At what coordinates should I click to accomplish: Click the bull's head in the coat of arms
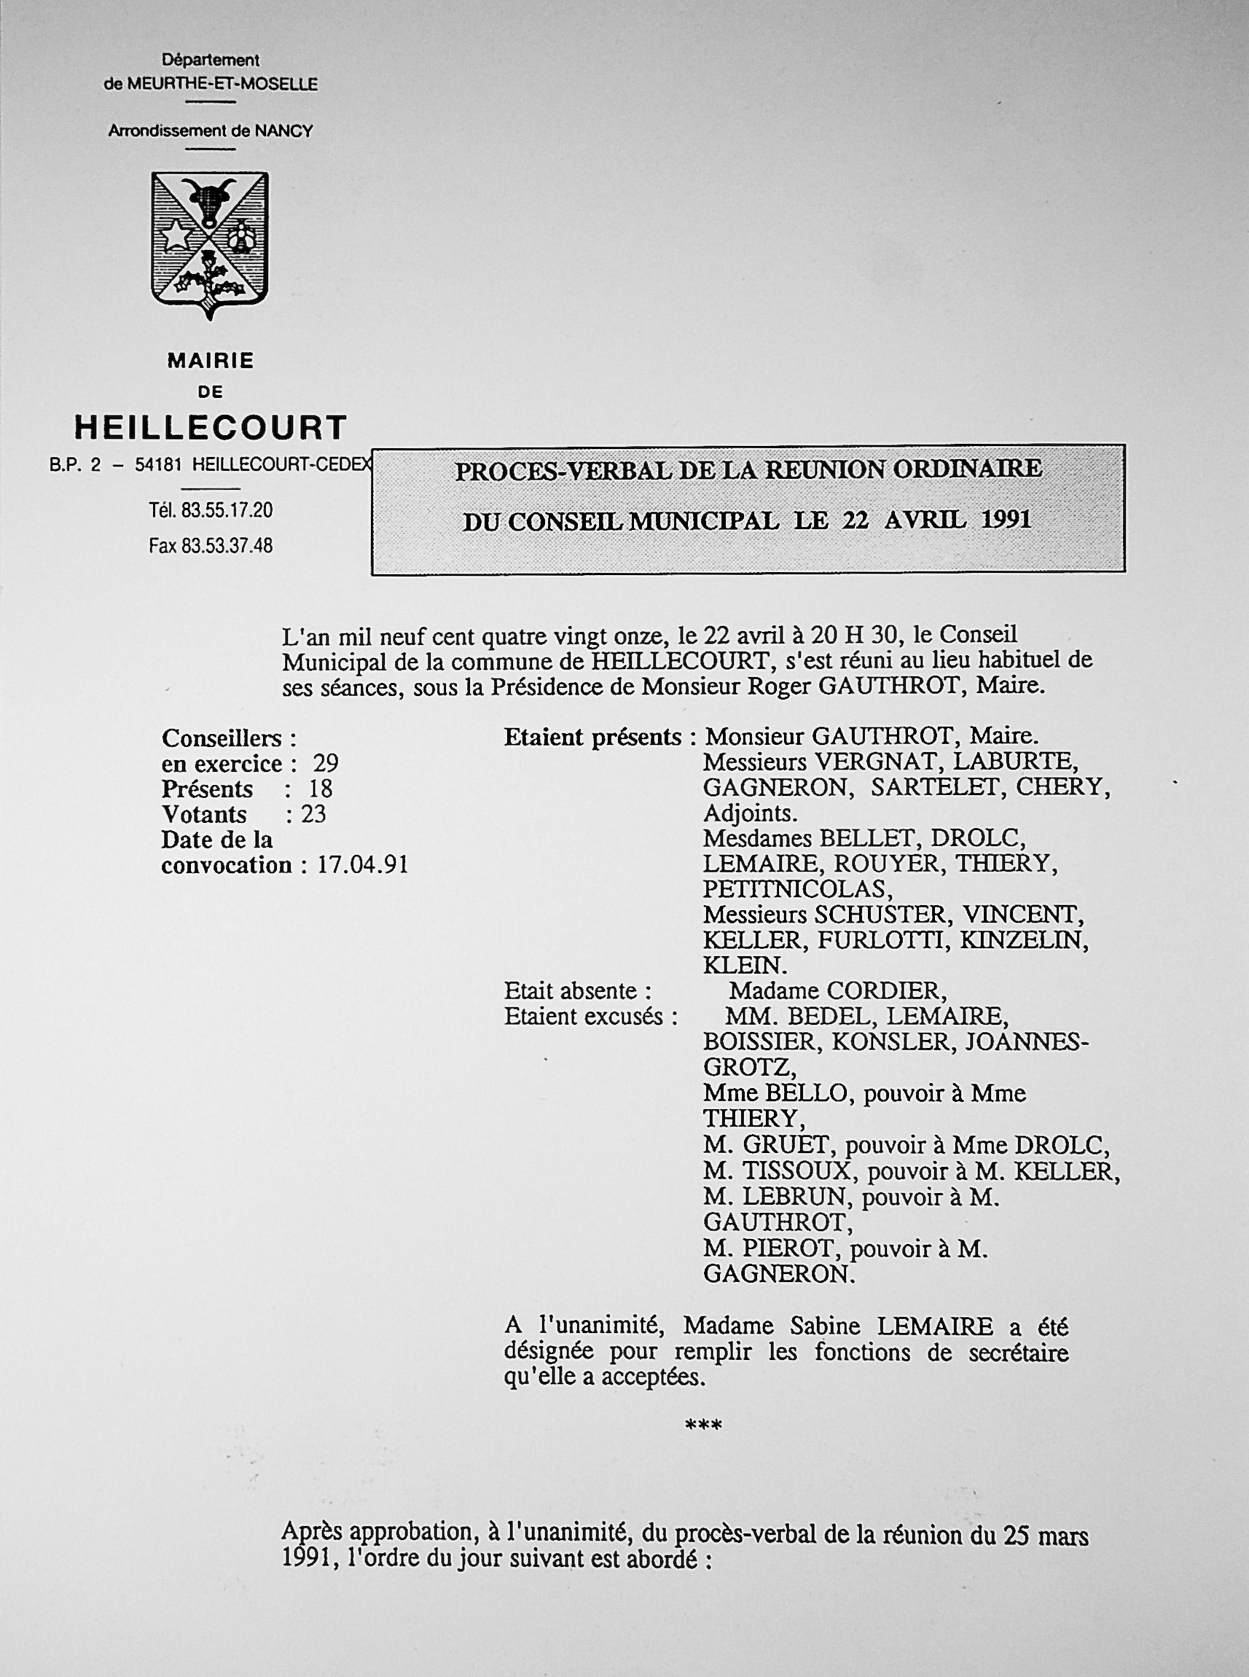209,200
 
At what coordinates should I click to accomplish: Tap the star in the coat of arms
176,236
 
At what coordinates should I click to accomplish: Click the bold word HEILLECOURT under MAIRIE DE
210,428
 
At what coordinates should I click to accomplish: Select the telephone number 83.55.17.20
227,510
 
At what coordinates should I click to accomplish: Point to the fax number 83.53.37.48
227,545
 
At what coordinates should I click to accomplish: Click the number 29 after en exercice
326,764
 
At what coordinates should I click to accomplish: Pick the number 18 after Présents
320,789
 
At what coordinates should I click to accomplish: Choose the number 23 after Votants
313,814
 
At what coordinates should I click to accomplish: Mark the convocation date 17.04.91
362,865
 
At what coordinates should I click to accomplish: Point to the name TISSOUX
799,1172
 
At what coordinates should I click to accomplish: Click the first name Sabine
803,1326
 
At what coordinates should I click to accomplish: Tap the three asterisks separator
703,1426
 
